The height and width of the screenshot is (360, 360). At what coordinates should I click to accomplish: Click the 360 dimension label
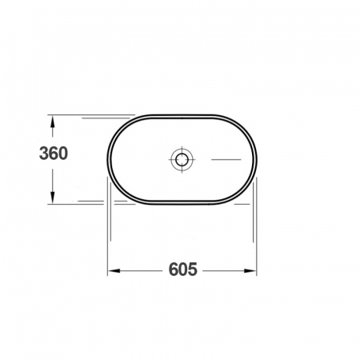tap(54, 154)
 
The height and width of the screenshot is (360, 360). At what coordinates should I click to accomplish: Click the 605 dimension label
tap(183, 269)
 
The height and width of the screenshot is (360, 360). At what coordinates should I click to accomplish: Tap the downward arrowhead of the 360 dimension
tap(53, 198)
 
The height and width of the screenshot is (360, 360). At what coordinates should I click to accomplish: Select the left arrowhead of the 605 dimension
tap(114, 271)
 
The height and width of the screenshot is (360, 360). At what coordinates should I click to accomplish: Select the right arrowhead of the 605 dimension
tap(250, 271)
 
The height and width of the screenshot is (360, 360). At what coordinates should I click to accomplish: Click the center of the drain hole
tap(182, 159)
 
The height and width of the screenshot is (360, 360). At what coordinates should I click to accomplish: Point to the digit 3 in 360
tap(44, 154)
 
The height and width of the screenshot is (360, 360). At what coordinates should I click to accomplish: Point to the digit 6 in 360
tap(54, 154)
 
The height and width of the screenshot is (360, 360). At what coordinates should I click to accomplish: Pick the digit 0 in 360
tap(63, 154)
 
